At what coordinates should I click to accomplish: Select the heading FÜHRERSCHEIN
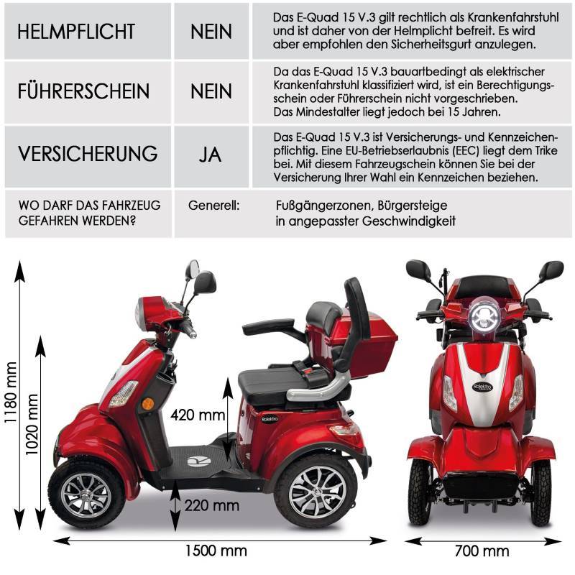tap(83, 92)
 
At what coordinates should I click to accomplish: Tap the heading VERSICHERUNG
tap(87, 153)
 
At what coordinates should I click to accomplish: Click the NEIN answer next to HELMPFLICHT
tap(211, 32)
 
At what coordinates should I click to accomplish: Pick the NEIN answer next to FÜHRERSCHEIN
tap(211, 92)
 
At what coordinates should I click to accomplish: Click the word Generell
tap(214, 206)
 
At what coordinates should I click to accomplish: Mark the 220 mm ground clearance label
tap(211, 505)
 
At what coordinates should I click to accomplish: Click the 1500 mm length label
tap(215, 551)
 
